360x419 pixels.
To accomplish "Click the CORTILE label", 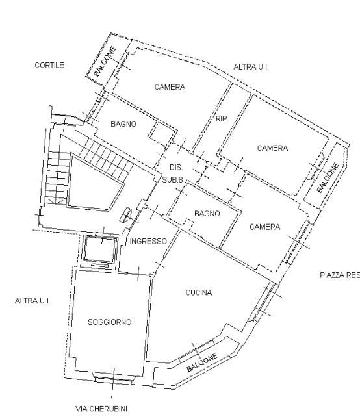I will coord(49,65).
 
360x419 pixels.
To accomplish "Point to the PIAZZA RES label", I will coord(340,275).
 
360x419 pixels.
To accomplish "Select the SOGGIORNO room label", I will coord(110,322).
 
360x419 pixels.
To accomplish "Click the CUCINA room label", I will coord(198,292).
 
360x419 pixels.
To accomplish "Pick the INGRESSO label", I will coord(148,241).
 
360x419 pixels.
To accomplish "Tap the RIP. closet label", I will coord(221,119).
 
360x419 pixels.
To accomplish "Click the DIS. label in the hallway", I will coord(174,167).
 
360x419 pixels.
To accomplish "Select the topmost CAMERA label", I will coord(170,86).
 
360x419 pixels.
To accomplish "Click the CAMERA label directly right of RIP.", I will coord(272,148).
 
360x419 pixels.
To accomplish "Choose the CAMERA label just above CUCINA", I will coord(264,227).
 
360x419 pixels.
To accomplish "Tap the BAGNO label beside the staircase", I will coord(123,124).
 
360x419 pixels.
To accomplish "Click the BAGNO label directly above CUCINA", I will coord(207,213).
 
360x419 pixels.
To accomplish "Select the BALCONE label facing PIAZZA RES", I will coord(328,177).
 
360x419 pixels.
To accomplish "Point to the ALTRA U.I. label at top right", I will coord(251,66).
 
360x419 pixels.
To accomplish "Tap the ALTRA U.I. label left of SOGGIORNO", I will coord(32,301).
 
